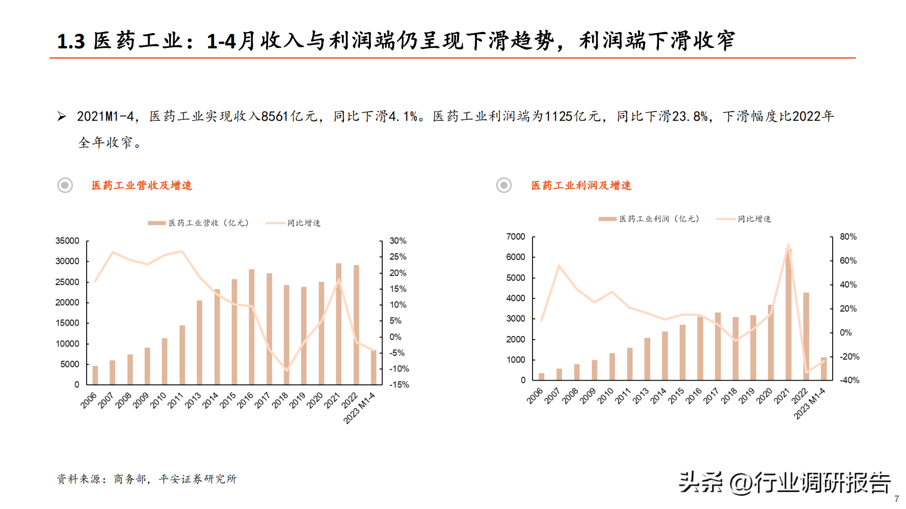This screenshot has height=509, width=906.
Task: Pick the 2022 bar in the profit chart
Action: click(806, 336)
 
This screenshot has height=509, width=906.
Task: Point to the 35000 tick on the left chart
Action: click(67, 241)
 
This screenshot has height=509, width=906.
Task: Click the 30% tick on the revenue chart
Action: click(398, 241)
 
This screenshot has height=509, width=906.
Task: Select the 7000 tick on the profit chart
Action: click(516, 237)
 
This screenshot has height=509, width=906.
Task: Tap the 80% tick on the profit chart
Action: click(848, 237)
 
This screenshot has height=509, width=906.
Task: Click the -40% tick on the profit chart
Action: click(849, 380)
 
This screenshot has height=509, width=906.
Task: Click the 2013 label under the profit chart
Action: click(641, 396)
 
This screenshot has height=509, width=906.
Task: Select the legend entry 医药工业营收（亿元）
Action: click(199, 223)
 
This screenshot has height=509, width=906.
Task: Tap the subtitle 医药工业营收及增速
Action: click(142, 186)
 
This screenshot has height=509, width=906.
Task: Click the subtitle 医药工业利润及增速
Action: click(581, 186)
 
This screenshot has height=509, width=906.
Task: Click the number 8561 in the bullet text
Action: click(275, 117)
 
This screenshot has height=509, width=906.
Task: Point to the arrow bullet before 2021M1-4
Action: click(62, 117)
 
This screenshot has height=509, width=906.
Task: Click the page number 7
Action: click(897, 499)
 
